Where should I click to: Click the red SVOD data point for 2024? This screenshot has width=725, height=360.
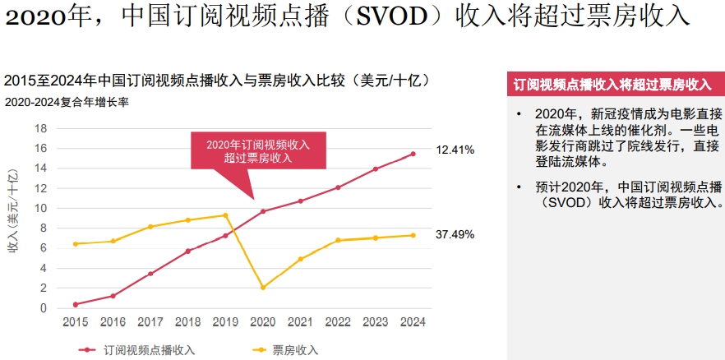pos(413,154)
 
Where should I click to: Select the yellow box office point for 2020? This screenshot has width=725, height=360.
pos(263,288)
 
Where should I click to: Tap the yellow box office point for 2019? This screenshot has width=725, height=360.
pos(225,215)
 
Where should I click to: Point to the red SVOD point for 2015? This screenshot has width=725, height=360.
pos(76,305)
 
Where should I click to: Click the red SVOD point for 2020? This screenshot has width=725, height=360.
pos(263,211)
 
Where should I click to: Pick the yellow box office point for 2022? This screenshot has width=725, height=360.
pos(338,240)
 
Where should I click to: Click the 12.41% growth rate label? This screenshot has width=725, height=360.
pos(455,150)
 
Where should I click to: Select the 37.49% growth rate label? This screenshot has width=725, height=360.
pos(455,235)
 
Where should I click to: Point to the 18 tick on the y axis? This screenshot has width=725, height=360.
pos(41,128)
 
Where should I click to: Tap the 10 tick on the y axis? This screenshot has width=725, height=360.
pos(41,209)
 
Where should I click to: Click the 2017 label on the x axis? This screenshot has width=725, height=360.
pos(150,322)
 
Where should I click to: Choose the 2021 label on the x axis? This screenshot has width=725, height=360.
pos(301,322)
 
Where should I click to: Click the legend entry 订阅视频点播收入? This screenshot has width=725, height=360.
pos(136,350)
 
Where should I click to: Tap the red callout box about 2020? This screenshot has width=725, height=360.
pos(258,150)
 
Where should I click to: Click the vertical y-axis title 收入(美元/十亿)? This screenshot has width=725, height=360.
pos(13,210)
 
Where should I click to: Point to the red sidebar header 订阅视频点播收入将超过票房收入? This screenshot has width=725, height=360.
pos(616,85)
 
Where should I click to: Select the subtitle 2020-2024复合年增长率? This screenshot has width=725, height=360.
pos(67,102)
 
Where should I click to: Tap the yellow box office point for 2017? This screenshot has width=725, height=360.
pos(150,227)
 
